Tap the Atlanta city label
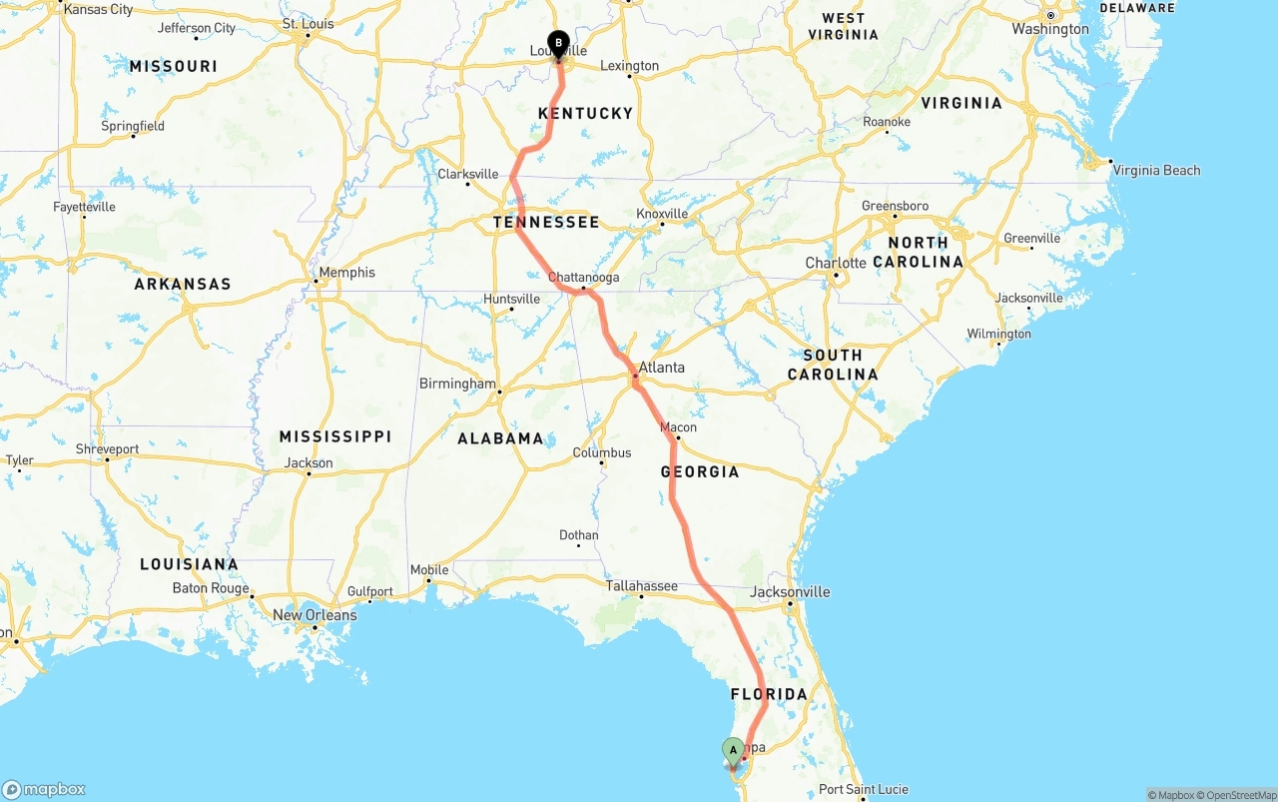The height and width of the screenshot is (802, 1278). (x=662, y=368)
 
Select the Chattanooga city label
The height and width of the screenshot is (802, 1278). (x=584, y=278)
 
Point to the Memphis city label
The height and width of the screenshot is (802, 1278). (x=346, y=273)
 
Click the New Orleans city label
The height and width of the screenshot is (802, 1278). (x=315, y=615)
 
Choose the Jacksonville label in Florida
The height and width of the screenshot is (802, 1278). (x=790, y=592)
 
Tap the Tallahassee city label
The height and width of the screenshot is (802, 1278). (x=641, y=586)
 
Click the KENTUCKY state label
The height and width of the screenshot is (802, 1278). (x=585, y=114)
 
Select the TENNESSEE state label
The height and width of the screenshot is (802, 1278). (x=546, y=223)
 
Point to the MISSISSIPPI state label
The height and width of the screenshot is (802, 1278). (x=335, y=437)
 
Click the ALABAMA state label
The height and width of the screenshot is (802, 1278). (x=500, y=438)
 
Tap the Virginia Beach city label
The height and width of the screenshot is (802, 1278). (x=1156, y=171)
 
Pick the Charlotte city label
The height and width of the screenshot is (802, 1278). (x=836, y=264)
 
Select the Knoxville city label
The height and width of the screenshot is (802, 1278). (x=662, y=214)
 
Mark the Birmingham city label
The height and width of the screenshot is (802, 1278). (x=457, y=384)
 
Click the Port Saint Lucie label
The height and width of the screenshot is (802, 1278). (x=864, y=790)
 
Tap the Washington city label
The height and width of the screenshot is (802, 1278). (x=1050, y=29)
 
